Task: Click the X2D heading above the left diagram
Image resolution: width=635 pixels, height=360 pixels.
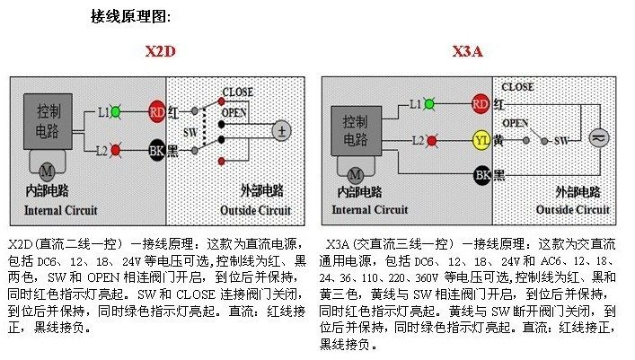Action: click(x=161, y=52)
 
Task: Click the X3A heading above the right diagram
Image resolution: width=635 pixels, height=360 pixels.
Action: click(x=468, y=52)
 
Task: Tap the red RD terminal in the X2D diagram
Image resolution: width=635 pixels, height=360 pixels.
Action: click(x=156, y=112)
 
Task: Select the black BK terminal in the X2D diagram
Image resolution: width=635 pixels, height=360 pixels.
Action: click(x=156, y=150)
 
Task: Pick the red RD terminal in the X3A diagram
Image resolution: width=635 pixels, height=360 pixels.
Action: click(x=481, y=104)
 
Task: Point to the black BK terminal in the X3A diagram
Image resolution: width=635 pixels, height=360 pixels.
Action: click(x=481, y=174)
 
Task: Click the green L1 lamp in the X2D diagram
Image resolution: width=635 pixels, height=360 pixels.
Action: click(x=115, y=112)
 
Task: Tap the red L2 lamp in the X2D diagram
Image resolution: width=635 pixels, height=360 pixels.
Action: click(x=116, y=150)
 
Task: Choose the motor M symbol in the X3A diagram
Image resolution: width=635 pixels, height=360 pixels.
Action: click(x=355, y=173)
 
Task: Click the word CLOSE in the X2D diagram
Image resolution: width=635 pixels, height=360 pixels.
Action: click(x=237, y=92)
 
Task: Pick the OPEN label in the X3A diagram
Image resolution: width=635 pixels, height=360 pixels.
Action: click(x=515, y=123)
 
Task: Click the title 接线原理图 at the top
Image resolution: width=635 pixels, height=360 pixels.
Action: click(x=130, y=16)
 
